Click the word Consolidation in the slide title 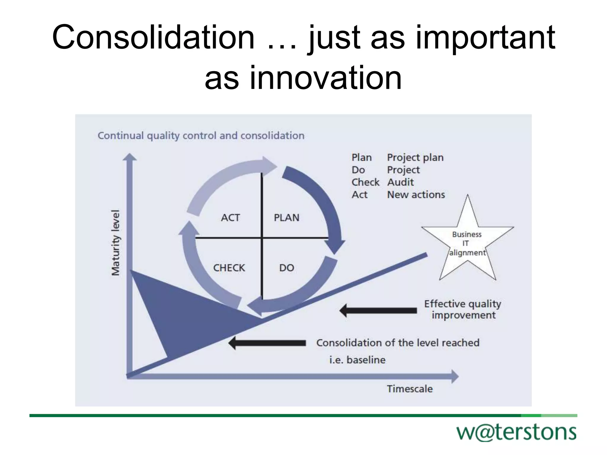pyautogui.click(x=153, y=38)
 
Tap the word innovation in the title pyautogui.click(x=326, y=78)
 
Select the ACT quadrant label pyautogui.click(x=230, y=218)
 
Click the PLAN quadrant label pyautogui.click(x=286, y=218)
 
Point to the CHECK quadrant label pyautogui.click(x=229, y=268)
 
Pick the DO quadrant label pyautogui.click(x=286, y=268)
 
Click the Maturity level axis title pyautogui.click(x=115, y=243)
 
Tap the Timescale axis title pyautogui.click(x=410, y=389)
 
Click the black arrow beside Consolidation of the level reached pyautogui.click(x=267, y=343)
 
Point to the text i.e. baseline pyautogui.click(x=357, y=360)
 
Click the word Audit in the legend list pyautogui.click(x=400, y=182)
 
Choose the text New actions pyautogui.click(x=416, y=195)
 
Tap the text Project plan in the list pyautogui.click(x=415, y=157)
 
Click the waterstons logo pyautogui.click(x=516, y=433)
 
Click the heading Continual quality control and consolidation pyautogui.click(x=201, y=136)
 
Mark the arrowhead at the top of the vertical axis pyautogui.click(x=130, y=157)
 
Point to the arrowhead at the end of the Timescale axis pyautogui.click(x=455, y=377)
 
